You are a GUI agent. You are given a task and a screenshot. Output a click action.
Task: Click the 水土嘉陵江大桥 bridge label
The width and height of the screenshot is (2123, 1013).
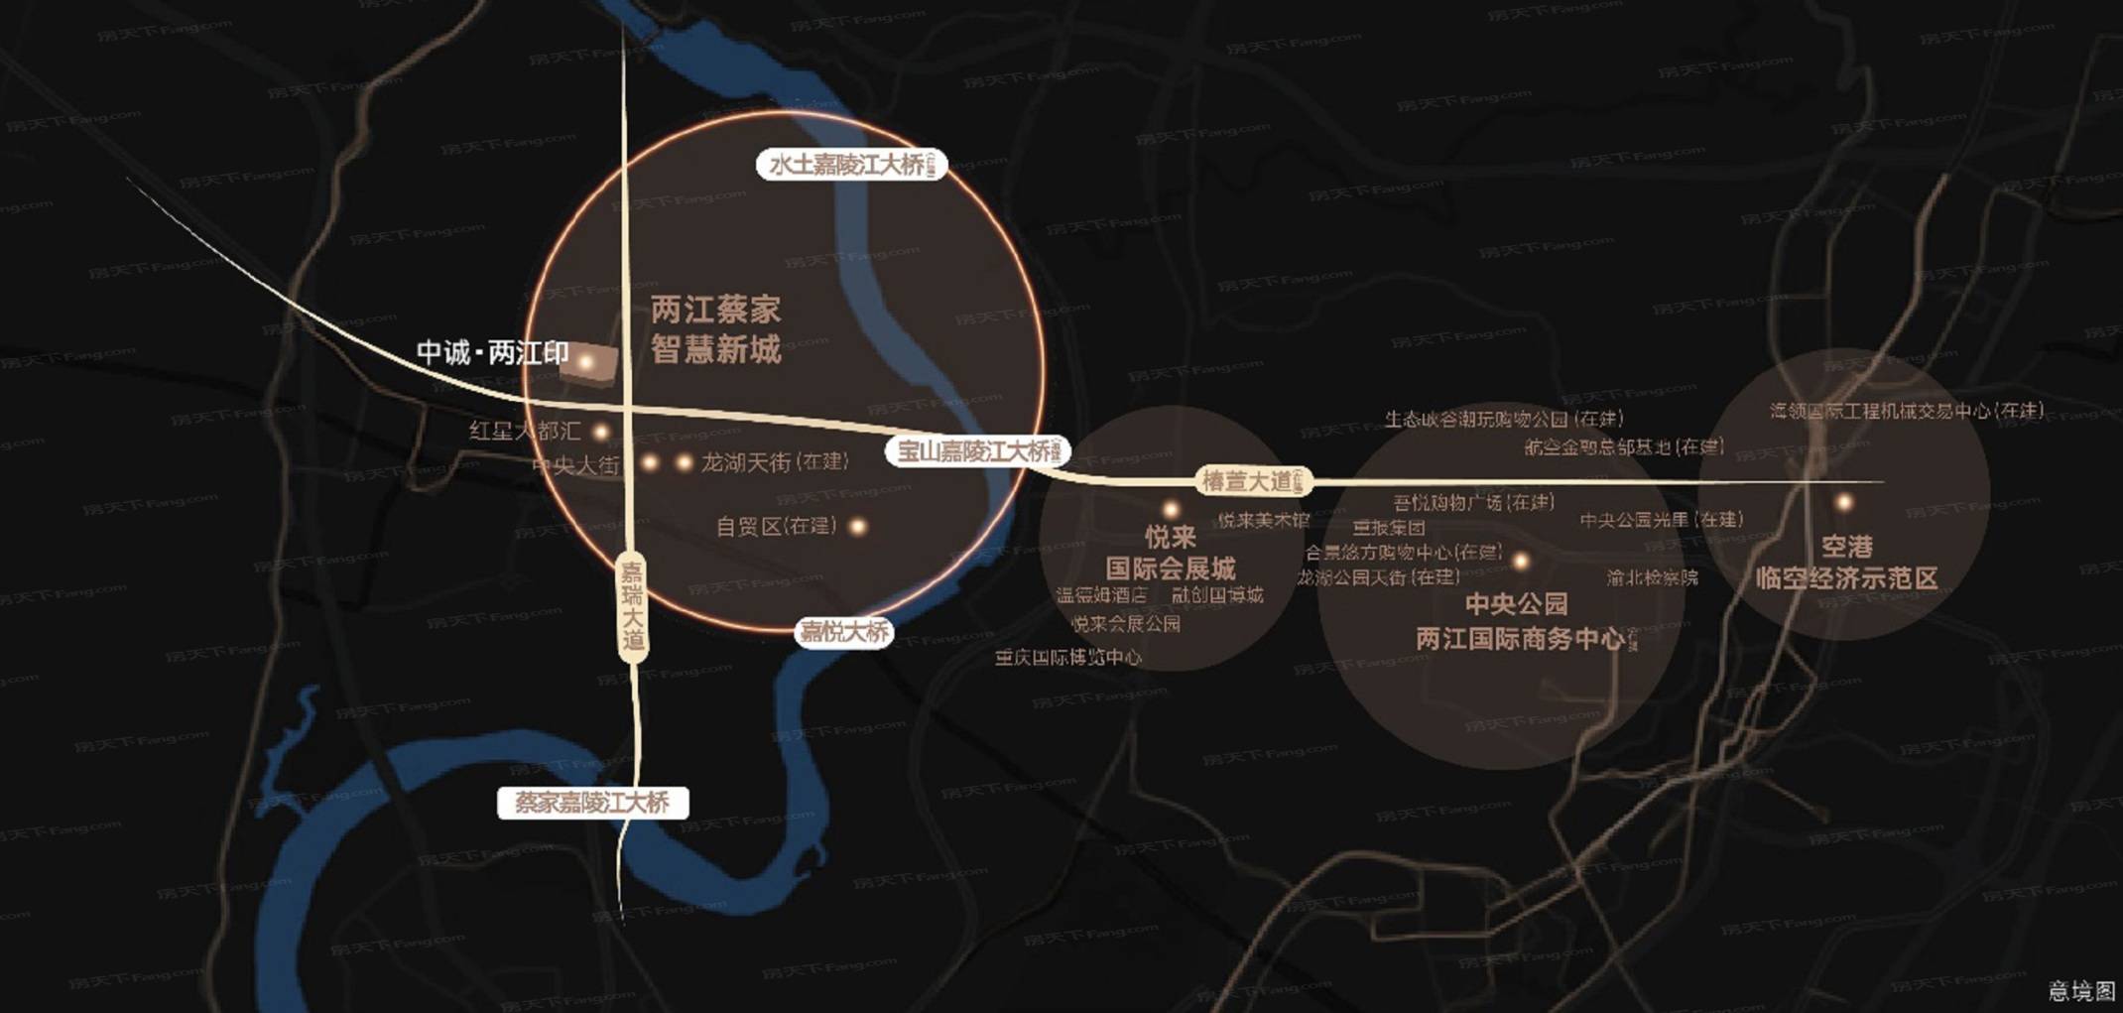tap(851, 165)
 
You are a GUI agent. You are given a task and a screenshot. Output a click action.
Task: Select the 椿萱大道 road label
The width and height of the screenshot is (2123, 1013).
tap(1253, 482)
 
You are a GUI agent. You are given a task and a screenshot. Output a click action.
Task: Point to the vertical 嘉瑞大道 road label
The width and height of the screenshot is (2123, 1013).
tap(632, 606)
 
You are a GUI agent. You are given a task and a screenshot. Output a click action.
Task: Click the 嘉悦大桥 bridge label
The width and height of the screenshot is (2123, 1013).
tap(844, 632)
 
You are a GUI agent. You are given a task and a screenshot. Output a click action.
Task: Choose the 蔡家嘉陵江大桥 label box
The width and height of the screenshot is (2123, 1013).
tap(592, 803)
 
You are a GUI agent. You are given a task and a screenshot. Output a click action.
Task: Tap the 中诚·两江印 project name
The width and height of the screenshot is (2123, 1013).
tap(492, 353)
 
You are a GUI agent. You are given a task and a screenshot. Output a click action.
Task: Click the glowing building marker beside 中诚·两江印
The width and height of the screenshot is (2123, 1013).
tap(587, 363)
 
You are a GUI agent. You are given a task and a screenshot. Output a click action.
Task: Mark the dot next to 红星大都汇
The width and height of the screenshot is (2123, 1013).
tap(600, 432)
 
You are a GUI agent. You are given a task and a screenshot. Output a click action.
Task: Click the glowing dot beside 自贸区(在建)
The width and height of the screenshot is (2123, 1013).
tap(858, 527)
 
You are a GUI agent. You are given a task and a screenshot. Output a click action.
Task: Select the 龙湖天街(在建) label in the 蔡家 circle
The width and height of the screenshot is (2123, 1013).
tap(774, 462)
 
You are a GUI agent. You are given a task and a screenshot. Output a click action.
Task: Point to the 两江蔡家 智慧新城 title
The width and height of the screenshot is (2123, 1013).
tap(715, 329)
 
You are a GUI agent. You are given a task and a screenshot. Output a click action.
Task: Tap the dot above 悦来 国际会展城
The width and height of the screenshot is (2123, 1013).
tap(1171, 510)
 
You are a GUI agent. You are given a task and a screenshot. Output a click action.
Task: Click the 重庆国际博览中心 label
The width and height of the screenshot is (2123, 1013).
tap(1068, 657)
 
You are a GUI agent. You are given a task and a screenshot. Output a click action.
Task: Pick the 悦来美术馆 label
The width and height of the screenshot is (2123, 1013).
tap(1263, 520)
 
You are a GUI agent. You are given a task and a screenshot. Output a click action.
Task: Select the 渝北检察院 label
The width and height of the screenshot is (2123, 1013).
tap(1652, 577)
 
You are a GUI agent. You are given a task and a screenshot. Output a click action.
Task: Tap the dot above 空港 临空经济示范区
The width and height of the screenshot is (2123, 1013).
tap(1843, 503)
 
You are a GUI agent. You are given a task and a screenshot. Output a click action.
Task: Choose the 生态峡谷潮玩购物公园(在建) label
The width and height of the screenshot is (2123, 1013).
tap(1503, 420)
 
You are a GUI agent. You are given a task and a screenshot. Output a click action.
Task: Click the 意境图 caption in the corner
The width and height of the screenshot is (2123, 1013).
tap(2081, 990)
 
